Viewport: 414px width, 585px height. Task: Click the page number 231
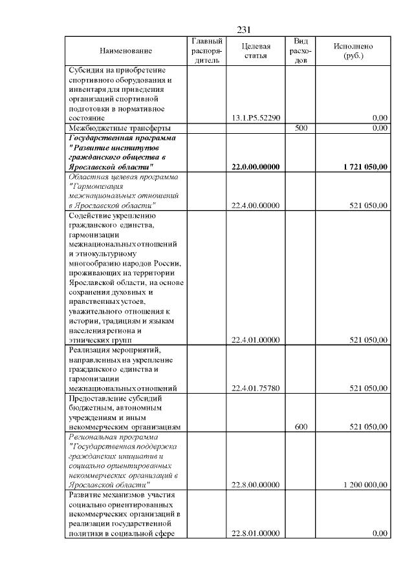[x=244, y=30]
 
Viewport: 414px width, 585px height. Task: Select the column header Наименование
[x=126, y=51]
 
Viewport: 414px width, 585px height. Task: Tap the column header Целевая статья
[x=255, y=51]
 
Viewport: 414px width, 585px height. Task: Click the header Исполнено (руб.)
[x=353, y=51]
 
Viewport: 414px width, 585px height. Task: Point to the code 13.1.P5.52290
[x=255, y=118]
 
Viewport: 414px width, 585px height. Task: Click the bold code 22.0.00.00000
[x=255, y=167]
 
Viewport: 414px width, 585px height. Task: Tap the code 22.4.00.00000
[x=255, y=206]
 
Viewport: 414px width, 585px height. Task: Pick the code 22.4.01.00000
[x=255, y=340]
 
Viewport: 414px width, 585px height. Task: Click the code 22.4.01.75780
[x=255, y=388]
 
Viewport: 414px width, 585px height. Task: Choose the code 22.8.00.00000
[x=255, y=485]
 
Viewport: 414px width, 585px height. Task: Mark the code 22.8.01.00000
[x=255, y=533]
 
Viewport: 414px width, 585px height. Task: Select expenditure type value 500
[x=300, y=128]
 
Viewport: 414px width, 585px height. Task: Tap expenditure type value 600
[x=300, y=427]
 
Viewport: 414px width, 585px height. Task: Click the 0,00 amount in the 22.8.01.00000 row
[x=379, y=533]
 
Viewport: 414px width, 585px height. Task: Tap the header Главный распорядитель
[x=207, y=51]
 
